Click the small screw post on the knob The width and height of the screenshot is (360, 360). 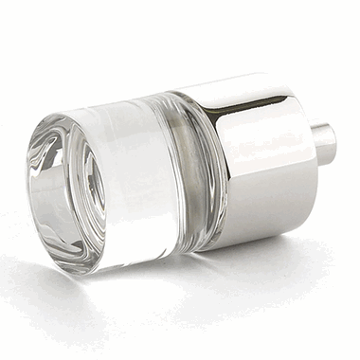(x=325, y=143)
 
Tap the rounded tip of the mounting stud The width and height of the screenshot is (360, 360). (x=333, y=143)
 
